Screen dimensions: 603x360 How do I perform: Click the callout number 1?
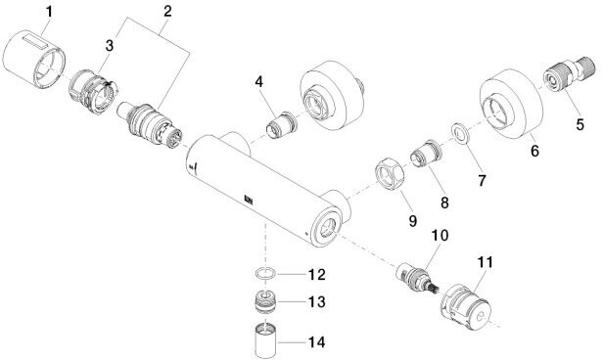click(x=49, y=13)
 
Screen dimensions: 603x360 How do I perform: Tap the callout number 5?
click(x=580, y=124)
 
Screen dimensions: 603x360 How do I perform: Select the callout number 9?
click(x=412, y=220)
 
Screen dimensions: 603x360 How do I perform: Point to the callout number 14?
click(x=316, y=342)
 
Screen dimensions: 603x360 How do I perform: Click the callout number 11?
click(x=485, y=262)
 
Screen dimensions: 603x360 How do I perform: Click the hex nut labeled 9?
click(x=390, y=175)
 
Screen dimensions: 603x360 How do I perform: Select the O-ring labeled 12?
click(x=265, y=274)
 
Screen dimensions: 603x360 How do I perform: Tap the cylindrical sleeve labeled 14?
click(x=266, y=338)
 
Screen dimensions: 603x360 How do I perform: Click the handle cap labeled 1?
click(x=34, y=58)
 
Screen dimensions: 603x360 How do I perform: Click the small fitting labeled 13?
click(x=266, y=300)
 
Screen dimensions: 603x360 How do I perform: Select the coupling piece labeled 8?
click(x=426, y=154)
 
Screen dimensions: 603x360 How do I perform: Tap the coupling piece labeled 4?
click(x=282, y=125)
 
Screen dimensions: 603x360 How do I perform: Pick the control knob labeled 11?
click(x=466, y=307)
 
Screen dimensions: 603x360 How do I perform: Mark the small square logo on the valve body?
click(x=248, y=200)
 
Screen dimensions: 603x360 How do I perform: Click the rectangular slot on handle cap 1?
click(x=35, y=40)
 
